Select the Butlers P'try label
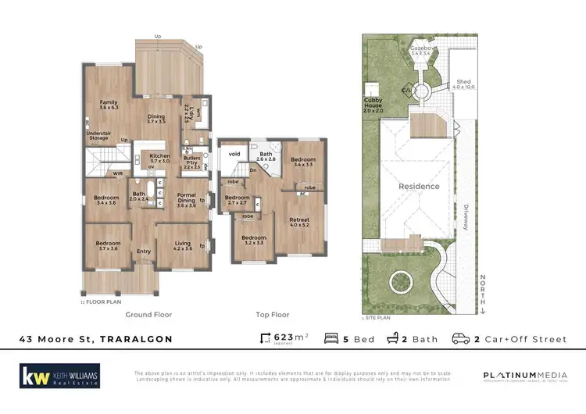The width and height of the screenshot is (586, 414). click(192, 162)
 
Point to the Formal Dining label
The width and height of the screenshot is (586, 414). click(186, 197)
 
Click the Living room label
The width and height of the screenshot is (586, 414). click(182, 245)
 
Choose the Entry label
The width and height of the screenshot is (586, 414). click(144, 251)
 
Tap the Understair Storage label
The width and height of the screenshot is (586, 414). click(99, 140)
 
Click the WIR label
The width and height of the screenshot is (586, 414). click(97, 173)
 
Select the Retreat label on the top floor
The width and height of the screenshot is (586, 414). click(299, 223)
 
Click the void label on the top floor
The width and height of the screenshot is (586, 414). click(234, 155)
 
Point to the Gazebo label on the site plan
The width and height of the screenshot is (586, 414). click(422, 49)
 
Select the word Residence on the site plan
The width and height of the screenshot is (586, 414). click(419, 186)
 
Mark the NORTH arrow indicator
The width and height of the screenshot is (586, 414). click(484, 294)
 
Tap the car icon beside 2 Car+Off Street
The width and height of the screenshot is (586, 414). click(462, 339)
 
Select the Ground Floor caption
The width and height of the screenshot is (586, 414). click(148, 314)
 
